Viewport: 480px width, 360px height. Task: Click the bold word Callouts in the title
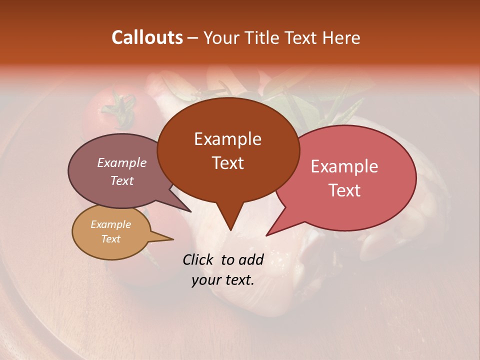[147, 37]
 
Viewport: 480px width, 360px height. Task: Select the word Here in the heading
[341, 37]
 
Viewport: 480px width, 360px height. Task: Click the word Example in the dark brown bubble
[227, 139]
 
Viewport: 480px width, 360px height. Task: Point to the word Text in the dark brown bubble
[227, 163]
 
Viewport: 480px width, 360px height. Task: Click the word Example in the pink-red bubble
[344, 166]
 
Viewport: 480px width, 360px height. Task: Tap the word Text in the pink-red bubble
[344, 190]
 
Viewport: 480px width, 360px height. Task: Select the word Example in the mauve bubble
[122, 163]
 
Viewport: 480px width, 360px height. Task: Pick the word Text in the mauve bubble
[122, 180]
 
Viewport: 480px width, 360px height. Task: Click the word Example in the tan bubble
[110, 224]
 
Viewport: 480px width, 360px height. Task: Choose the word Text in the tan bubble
[110, 239]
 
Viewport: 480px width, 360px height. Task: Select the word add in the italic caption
[251, 259]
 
